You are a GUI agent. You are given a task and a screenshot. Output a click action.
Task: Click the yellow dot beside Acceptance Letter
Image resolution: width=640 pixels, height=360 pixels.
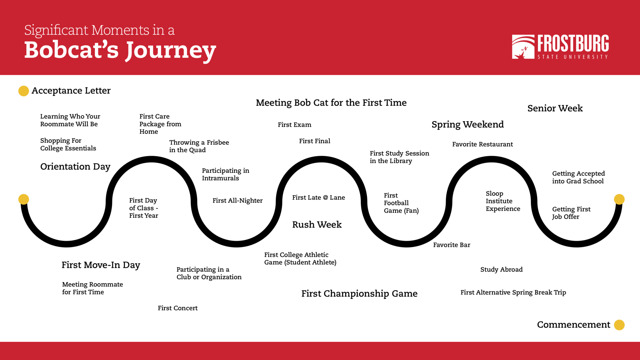point(23,91)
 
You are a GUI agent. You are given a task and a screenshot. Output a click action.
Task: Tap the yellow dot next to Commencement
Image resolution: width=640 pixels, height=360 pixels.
point(619,325)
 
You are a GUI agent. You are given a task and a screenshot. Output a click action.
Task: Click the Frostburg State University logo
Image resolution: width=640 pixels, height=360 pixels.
point(560,47)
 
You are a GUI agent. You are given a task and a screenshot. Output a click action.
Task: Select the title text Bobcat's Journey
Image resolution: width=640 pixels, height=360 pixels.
point(120,50)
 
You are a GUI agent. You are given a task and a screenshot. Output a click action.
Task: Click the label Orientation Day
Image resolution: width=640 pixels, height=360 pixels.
point(75,167)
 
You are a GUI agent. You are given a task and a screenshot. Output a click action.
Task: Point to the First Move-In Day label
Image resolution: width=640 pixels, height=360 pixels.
point(101,265)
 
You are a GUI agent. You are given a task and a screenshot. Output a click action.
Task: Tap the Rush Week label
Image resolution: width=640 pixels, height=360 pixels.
point(317,225)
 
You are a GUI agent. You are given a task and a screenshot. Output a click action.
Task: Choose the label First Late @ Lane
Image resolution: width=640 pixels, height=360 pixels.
point(318,197)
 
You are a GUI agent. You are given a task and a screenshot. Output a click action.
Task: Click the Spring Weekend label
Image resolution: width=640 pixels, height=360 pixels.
point(467,124)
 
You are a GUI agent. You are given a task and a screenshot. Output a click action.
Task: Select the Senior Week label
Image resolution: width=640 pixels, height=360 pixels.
point(555,108)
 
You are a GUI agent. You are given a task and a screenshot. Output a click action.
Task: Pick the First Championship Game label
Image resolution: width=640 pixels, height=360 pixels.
point(359,294)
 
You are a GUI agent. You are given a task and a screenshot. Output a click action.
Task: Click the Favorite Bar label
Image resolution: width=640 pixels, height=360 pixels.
point(452,245)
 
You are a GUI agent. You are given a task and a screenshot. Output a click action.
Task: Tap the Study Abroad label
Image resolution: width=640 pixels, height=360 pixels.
point(501,269)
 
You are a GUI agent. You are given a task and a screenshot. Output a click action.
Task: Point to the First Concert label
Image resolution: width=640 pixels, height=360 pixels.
point(177,308)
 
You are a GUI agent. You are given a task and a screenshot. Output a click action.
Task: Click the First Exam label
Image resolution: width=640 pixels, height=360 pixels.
point(294,125)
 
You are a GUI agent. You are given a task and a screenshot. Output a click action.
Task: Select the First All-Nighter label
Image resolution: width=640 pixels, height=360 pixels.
point(237,201)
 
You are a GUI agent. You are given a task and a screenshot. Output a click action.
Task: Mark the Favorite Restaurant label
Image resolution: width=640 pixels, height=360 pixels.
point(482,144)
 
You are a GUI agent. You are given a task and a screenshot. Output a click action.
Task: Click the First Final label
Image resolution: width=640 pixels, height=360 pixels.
point(314,141)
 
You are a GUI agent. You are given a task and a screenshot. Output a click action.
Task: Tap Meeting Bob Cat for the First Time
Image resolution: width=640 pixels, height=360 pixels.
point(331,102)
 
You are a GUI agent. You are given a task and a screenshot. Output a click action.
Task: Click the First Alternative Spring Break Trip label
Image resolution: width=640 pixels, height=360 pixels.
point(513,292)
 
